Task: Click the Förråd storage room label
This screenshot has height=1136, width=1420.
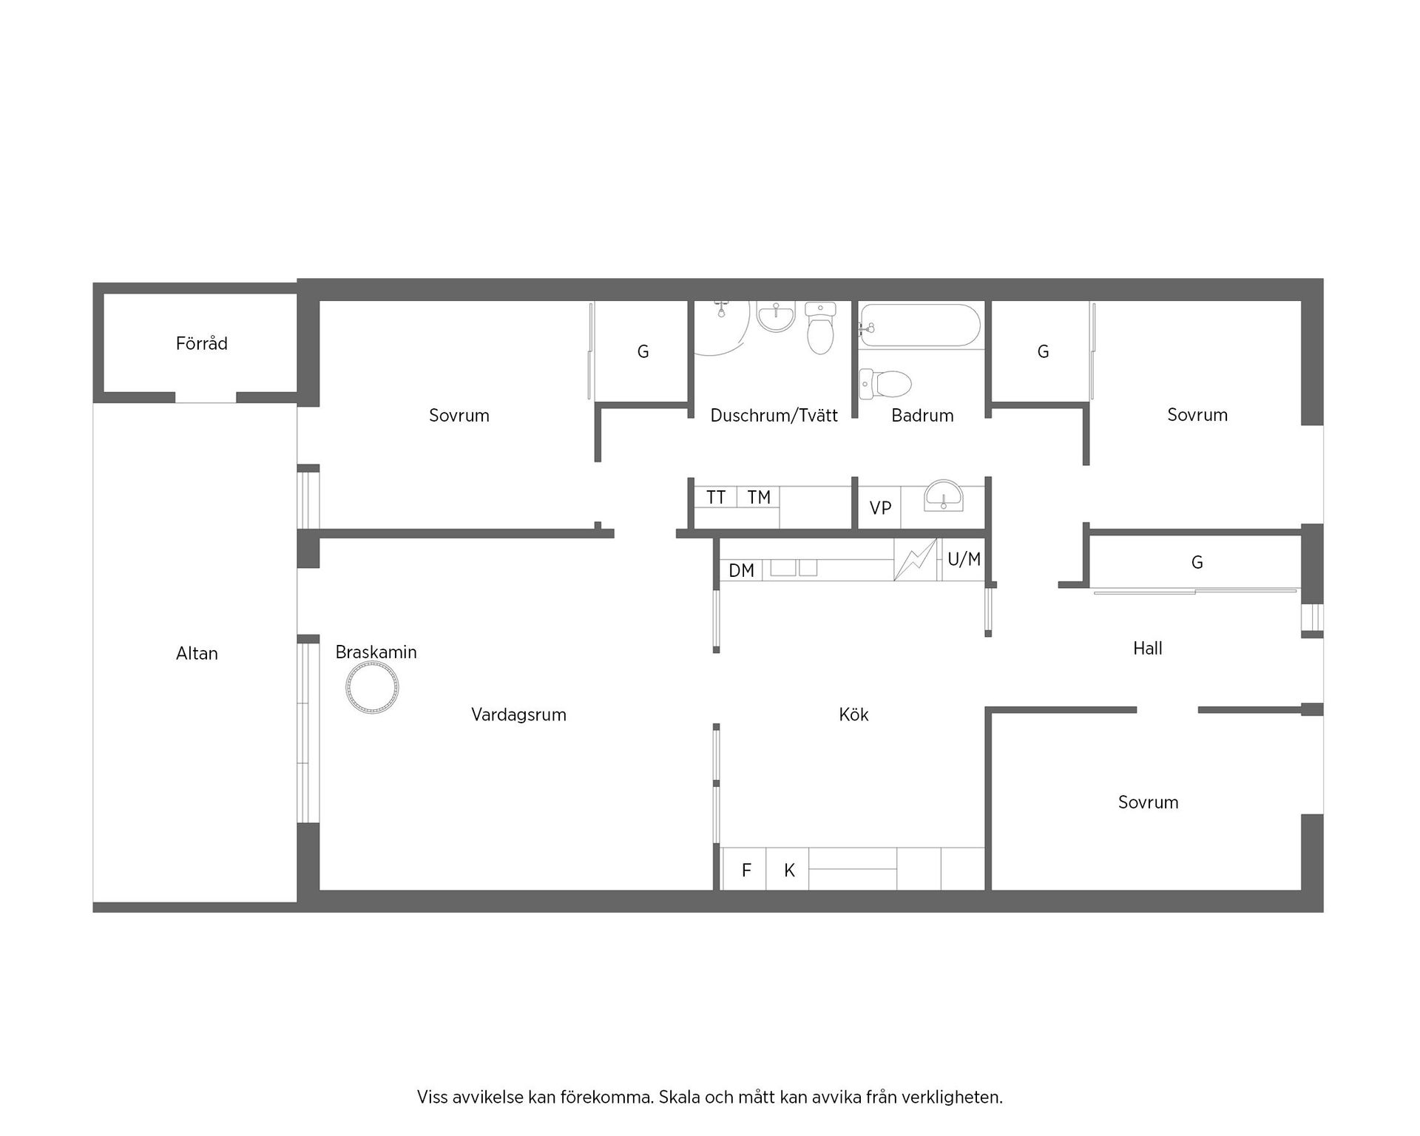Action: pos(201,343)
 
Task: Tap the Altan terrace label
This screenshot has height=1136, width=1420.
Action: pos(197,653)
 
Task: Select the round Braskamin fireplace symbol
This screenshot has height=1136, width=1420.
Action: pos(372,688)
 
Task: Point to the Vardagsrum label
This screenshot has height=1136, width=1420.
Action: pos(518,714)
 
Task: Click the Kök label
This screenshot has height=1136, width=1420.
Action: pos(853,714)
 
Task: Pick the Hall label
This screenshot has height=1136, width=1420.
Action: pos(1148,649)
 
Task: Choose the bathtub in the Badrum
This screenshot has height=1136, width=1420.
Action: pos(919,325)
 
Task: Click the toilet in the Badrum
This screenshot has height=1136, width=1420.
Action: pos(885,384)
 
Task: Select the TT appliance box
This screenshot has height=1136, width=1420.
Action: pos(715,497)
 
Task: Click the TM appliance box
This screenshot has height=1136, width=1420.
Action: pos(759,497)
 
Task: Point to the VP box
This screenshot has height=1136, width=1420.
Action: pos(879,508)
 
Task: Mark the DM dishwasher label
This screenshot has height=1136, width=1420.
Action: pos(741,570)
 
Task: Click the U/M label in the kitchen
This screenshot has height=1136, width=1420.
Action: pos(964,559)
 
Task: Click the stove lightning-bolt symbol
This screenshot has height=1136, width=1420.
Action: pos(916,560)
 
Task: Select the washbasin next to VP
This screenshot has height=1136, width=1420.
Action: pos(944,496)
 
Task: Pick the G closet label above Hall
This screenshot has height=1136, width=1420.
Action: pos(1197,563)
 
